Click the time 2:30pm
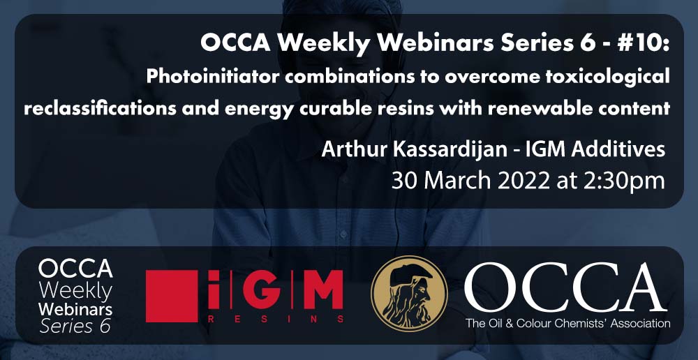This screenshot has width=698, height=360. pyautogui.click(x=623, y=181)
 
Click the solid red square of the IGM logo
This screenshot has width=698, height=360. pyautogui.click(x=172, y=296)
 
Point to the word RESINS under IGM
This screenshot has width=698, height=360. pyautogui.click(x=276, y=319)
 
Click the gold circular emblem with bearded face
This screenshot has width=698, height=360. pyautogui.click(x=409, y=294)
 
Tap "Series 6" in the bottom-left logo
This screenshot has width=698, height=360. pyautogui.click(x=75, y=327)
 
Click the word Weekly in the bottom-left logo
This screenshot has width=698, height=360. pyautogui.click(x=75, y=292)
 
